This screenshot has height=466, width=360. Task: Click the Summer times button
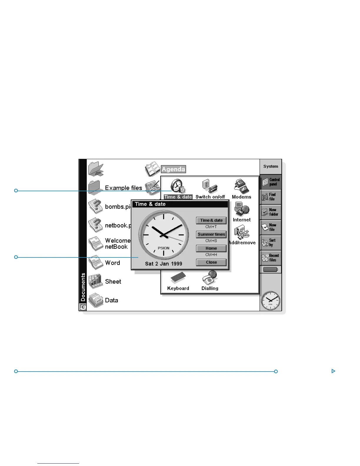[211, 234]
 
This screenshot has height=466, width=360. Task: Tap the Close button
[211, 262]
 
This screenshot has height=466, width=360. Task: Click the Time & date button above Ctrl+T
[211, 220]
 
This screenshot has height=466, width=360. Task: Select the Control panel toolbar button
[271, 182]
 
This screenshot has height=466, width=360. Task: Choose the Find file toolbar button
[271, 197]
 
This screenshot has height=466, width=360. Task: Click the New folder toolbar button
[271, 212]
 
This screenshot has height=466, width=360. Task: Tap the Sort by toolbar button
[271, 242]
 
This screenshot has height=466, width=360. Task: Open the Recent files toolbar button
[271, 258]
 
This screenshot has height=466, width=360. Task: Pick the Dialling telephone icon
[210, 277]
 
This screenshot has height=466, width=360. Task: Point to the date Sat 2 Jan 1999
[164, 264]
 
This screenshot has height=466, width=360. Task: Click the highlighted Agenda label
[174, 169]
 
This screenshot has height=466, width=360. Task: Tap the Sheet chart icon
[96, 282]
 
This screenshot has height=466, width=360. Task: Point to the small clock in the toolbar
[271, 300]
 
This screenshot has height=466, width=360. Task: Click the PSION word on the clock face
[164, 248]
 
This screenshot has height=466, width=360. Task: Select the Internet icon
[241, 209]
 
